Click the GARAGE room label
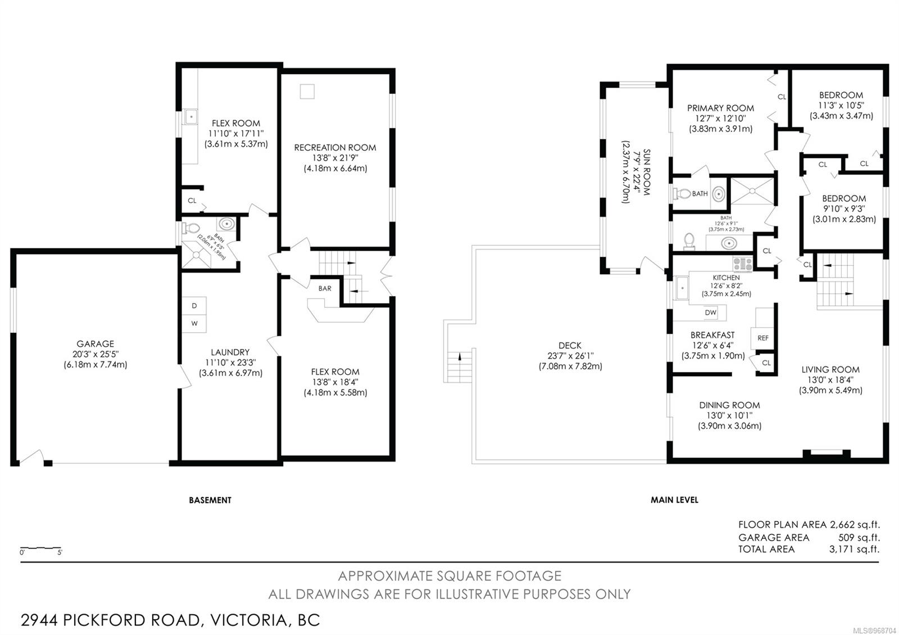pyautogui.click(x=95, y=343)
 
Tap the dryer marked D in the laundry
pyautogui.click(x=194, y=306)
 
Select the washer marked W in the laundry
pyautogui.click(x=194, y=324)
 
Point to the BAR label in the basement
pyautogui.click(x=325, y=288)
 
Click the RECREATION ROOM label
pyautogui.click(x=335, y=147)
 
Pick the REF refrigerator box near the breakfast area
pyautogui.click(x=762, y=338)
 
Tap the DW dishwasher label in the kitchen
pyautogui.click(x=710, y=312)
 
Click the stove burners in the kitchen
pyautogui.click(x=742, y=264)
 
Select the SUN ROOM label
pyautogui.click(x=646, y=172)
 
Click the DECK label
pyautogui.click(x=570, y=345)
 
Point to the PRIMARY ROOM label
pyautogui.click(x=720, y=108)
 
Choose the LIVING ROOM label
pyautogui.click(x=830, y=369)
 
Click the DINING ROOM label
pyautogui.click(x=729, y=405)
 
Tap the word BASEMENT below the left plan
pyautogui.click(x=210, y=500)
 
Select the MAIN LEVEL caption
pyautogui.click(x=674, y=500)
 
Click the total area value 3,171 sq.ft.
pyautogui.click(x=854, y=549)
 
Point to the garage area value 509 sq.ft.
pyautogui.click(x=859, y=537)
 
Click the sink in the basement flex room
pyautogui.click(x=190, y=117)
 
